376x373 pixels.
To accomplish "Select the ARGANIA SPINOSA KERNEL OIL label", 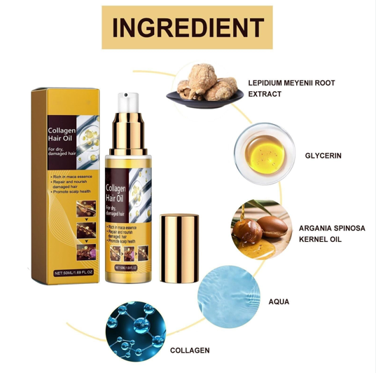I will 330,233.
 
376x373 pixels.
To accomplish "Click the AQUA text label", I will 279,302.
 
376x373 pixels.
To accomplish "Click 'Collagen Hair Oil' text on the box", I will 62,135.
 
